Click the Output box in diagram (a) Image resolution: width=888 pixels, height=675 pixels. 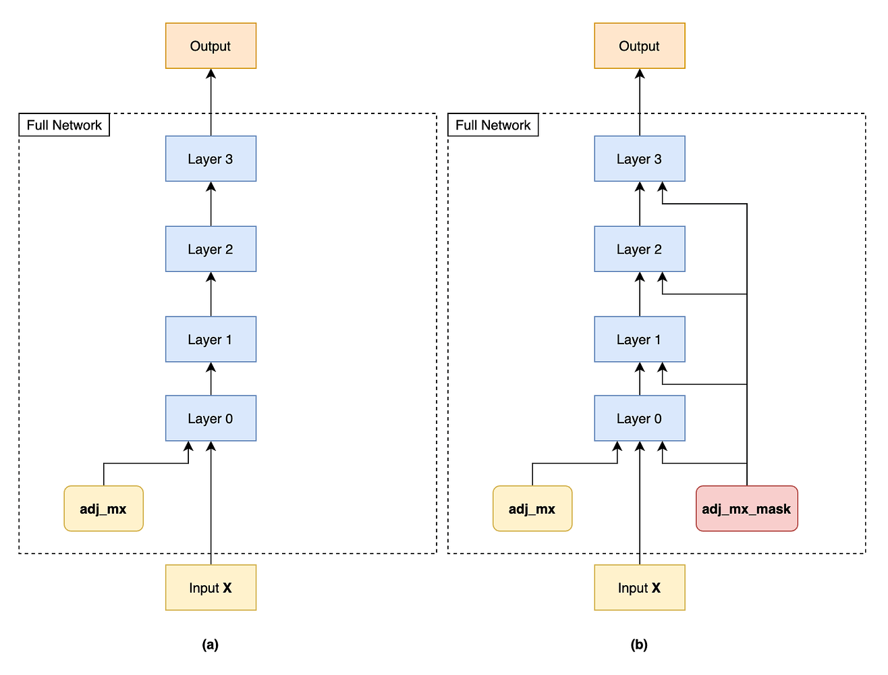click(x=211, y=46)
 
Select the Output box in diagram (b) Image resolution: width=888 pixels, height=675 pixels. click(x=639, y=46)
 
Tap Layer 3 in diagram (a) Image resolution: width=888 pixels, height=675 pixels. click(x=211, y=159)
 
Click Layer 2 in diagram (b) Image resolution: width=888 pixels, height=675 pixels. click(x=639, y=249)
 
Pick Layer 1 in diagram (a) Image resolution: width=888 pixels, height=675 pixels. click(x=211, y=340)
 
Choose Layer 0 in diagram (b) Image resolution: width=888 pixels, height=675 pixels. click(x=639, y=418)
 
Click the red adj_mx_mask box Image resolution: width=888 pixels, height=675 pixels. click(x=746, y=509)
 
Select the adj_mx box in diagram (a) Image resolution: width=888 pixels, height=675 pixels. click(x=103, y=509)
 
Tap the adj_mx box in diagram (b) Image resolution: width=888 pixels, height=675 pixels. click(x=532, y=509)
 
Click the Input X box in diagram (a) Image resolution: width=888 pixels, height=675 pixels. click(x=211, y=588)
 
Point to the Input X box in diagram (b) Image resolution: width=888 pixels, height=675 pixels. click(x=639, y=588)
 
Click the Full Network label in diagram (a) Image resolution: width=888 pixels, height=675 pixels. click(x=64, y=125)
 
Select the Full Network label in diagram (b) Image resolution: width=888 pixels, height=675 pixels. click(x=493, y=125)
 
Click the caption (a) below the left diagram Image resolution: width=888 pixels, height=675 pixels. click(x=211, y=645)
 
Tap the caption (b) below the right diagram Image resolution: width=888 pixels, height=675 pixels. click(x=639, y=645)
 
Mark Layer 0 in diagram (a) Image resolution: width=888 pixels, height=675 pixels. click(x=211, y=418)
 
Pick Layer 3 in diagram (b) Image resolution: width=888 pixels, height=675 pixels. click(x=639, y=159)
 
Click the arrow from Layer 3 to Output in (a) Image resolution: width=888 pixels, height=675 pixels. click(x=211, y=101)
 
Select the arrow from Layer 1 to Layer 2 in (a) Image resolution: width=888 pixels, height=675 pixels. click(x=211, y=294)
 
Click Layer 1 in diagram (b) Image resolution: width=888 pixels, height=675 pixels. click(x=639, y=340)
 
